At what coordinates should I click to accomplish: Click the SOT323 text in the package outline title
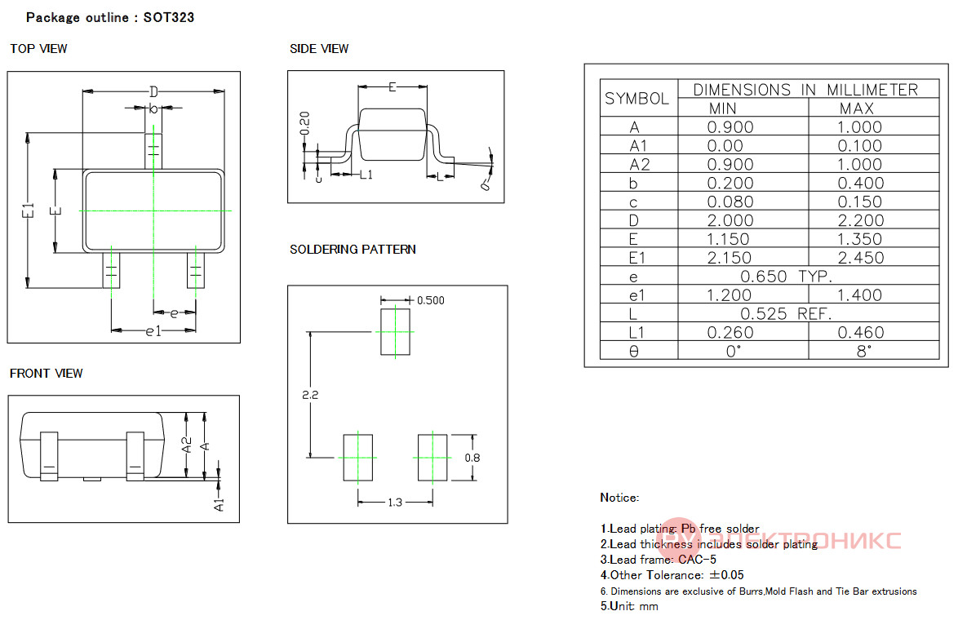click(169, 17)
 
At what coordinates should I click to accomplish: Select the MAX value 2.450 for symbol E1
click(861, 258)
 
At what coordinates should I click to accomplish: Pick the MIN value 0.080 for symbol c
click(730, 201)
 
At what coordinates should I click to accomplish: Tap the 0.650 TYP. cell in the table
click(787, 277)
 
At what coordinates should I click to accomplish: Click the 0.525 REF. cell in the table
click(787, 314)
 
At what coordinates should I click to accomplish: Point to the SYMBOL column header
click(636, 99)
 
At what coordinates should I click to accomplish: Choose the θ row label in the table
click(633, 352)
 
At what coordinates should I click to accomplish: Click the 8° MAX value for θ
click(863, 352)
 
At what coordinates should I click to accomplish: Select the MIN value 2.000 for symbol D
click(730, 220)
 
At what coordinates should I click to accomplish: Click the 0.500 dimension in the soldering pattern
click(431, 300)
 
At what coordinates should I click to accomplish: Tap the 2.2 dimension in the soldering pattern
click(310, 395)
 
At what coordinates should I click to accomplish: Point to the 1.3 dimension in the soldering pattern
click(395, 502)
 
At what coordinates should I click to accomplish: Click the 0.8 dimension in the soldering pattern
click(472, 458)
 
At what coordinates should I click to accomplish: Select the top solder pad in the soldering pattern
click(395, 332)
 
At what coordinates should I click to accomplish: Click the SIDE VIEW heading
click(319, 49)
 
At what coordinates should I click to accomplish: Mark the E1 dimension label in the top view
click(28, 210)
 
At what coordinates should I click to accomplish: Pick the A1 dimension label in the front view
click(219, 505)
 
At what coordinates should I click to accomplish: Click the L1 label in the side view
click(366, 175)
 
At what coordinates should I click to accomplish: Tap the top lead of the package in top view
click(153, 152)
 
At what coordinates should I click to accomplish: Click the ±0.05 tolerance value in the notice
click(726, 575)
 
